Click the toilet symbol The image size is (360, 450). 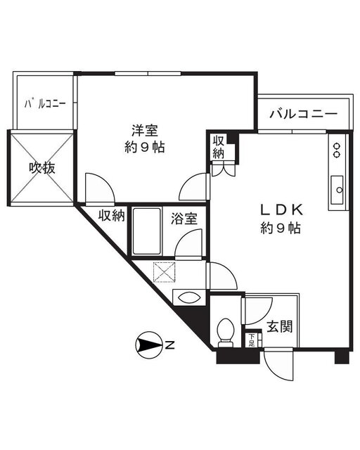pyautogui.click(x=226, y=333)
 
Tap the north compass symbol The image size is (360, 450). pyautogui.click(x=148, y=345)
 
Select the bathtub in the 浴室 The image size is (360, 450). pyautogui.click(x=147, y=231)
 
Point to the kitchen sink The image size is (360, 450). pyautogui.click(x=337, y=190)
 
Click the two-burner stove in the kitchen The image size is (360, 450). pyautogui.click(x=337, y=150)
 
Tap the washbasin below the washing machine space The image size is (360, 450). pyautogui.click(x=189, y=297)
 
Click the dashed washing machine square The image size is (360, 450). pyautogui.click(x=165, y=271)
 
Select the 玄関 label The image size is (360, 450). pyautogui.click(x=279, y=326)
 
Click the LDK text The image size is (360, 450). pyautogui.click(x=281, y=210)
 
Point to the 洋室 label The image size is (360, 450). pyautogui.click(x=145, y=131)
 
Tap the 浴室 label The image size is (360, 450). pyautogui.click(x=184, y=219)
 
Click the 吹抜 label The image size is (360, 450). pyautogui.click(x=42, y=168)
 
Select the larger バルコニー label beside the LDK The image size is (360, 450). pyautogui.click(x=303, y=114)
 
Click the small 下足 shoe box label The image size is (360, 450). pyautogui.click(x=252, y=340)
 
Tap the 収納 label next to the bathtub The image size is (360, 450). pyautogui.click(x=112, y=216)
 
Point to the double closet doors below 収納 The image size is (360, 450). pyautogui.click(x=224, y=169)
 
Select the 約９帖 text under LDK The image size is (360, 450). pyautogui.click(x=281, y=229)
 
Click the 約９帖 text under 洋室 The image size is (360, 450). pyautogui.click(x=144, y=148)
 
